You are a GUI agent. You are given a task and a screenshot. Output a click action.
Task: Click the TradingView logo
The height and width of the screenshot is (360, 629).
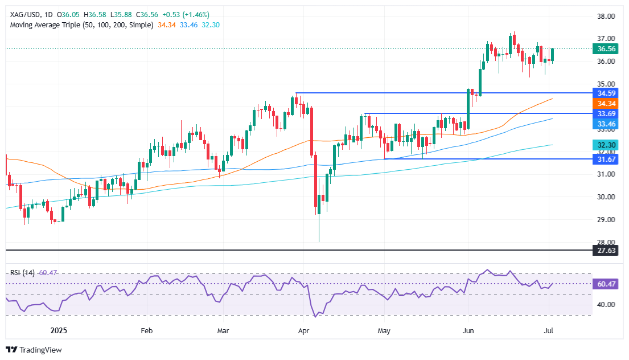34,350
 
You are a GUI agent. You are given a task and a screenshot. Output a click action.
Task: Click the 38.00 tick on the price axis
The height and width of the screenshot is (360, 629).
606,17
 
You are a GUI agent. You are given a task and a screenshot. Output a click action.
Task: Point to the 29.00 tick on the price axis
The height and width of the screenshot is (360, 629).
606,219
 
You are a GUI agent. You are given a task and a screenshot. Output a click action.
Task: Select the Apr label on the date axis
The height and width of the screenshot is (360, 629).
303,330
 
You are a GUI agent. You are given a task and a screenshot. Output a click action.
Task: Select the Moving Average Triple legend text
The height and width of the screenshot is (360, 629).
80,26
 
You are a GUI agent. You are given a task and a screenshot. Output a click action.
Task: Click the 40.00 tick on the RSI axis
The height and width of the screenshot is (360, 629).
606,304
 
